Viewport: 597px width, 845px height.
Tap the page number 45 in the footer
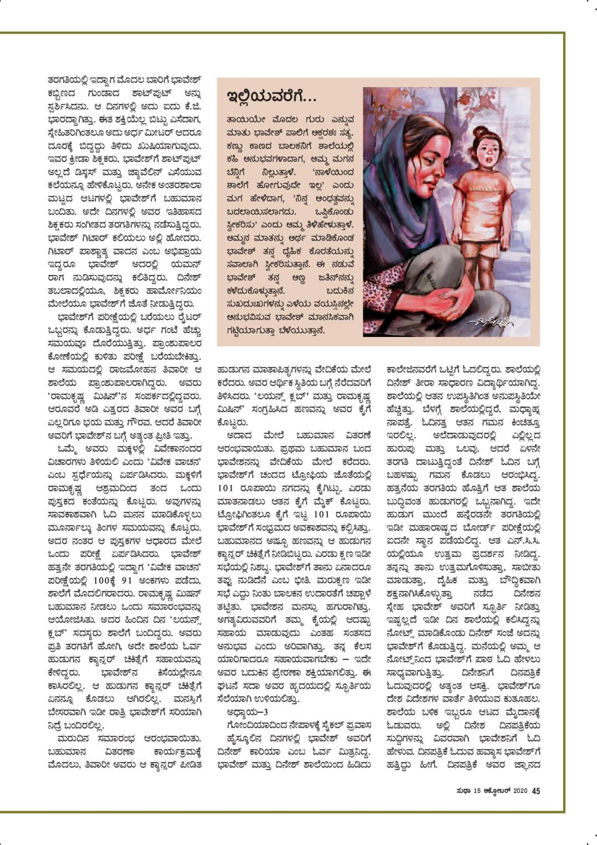pos(536,791)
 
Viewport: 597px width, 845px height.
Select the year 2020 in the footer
pos(521,791)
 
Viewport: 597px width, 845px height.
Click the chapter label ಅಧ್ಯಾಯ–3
pos(248,711)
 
